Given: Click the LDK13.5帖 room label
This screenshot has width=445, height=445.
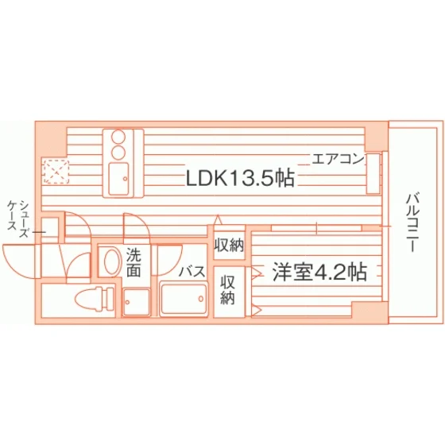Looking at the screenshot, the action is pos(240,178).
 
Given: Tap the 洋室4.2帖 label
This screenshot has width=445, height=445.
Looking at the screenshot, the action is pos(319,272).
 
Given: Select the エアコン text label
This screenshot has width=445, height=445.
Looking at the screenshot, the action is pos(338,159).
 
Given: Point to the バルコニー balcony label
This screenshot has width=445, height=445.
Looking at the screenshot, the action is pos(412,222).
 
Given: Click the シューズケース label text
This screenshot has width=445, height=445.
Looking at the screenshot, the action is pos(18,215).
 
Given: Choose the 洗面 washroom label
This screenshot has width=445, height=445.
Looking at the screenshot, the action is pos(133,262).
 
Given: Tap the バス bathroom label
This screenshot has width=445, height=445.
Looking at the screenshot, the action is pos(192,271).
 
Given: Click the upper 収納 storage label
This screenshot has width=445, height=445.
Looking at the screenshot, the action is pos(229,245).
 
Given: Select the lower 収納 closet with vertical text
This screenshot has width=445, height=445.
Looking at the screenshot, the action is pos(227,290).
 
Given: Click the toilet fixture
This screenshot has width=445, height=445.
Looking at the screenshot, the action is pos(95,299).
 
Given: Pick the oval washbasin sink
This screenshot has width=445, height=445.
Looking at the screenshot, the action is pos(111,261).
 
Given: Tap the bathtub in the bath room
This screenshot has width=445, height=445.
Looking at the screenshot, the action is pos(184,299).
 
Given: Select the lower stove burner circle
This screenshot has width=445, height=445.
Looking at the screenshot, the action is pos(118,152).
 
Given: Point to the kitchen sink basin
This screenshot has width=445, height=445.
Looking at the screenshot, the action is pos(119,179).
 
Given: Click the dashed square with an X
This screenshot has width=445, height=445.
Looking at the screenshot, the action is pos(56,172).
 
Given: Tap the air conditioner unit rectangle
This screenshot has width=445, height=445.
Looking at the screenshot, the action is pos(373,174).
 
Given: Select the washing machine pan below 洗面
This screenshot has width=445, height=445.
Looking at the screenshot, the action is pos(137,302).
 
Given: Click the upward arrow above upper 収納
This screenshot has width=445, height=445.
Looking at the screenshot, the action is pos(218,220).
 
